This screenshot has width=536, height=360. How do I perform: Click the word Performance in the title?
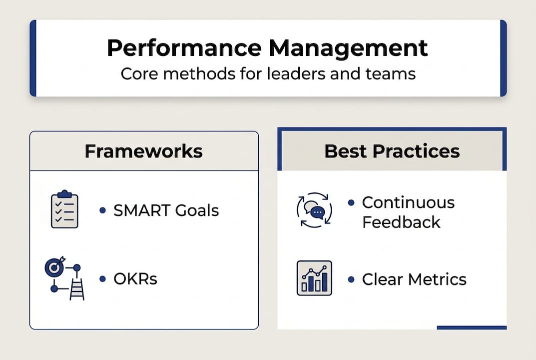(x=184, y=48)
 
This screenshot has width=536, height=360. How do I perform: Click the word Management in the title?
(x=348, y=48)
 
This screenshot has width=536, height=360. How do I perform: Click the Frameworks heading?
(x=143, y=151)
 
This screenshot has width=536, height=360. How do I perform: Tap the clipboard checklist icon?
(x=64, y=208)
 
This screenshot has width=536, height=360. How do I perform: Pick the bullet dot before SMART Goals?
(x=102, y=210)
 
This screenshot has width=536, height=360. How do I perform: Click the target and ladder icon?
(x=64, y=278)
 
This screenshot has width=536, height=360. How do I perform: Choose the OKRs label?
(x=135, y=279)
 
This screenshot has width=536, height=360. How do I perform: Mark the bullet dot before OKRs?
(x=102, y=279)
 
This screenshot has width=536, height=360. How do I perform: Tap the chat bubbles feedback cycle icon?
(x=314, y=210)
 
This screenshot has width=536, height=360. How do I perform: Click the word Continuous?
(x=409, y=202)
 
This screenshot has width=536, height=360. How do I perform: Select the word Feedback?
(x=401, y=222)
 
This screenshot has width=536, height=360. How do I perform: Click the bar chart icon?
(x=314, y=278)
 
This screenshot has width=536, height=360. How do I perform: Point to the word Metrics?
(x=438, y=279)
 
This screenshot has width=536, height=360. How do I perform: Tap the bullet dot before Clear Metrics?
(x=351, y=279)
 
